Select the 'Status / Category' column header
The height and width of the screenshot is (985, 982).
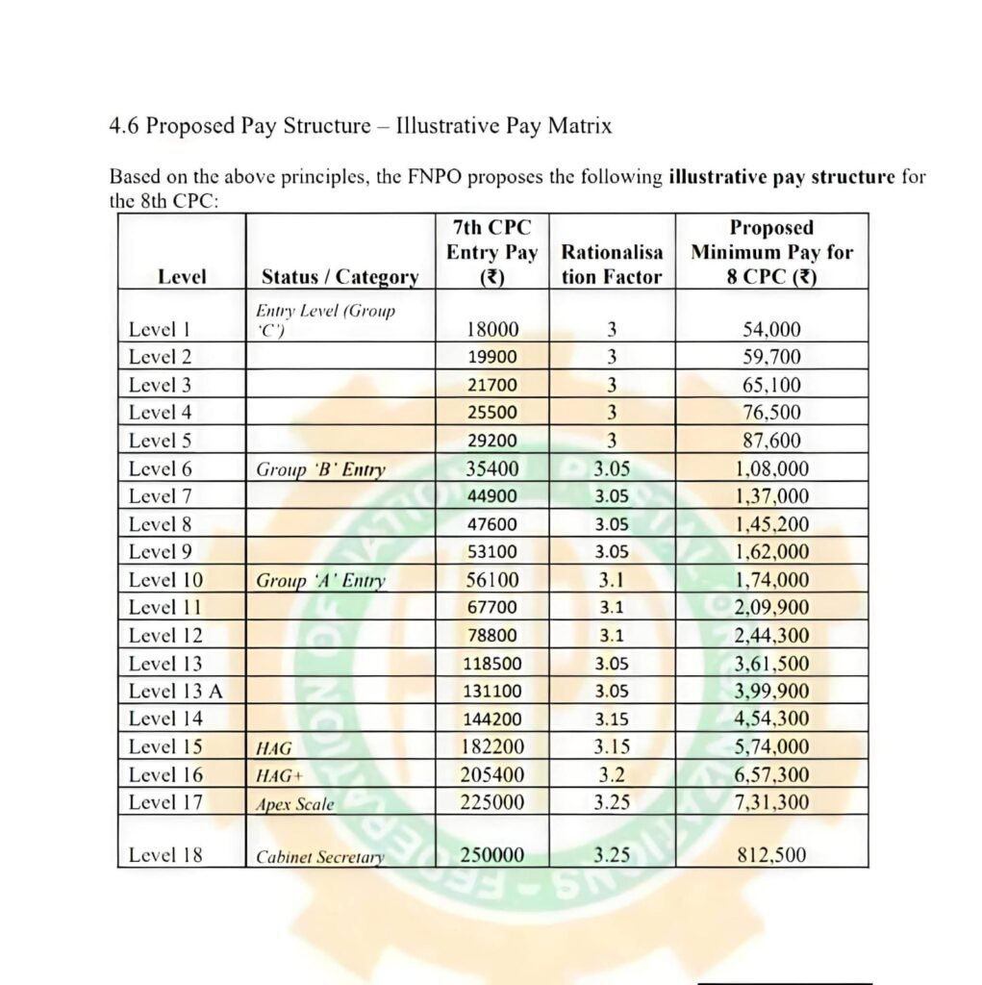[340, 277]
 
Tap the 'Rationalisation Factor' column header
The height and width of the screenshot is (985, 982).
[612, 265]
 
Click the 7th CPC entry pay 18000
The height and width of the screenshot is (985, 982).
[491, 329]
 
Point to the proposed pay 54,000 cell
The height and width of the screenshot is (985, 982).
[771, 329]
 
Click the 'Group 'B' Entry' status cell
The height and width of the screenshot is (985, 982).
[320, 470]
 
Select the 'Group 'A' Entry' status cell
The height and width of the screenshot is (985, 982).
[320, 581]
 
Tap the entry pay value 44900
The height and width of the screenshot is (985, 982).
[491, 497]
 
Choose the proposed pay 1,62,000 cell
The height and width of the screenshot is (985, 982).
[771, 553]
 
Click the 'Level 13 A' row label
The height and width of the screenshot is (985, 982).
[175, 691]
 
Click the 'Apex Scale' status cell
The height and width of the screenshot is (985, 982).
[295, 804]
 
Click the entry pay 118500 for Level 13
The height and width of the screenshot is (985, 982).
[491, 664]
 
